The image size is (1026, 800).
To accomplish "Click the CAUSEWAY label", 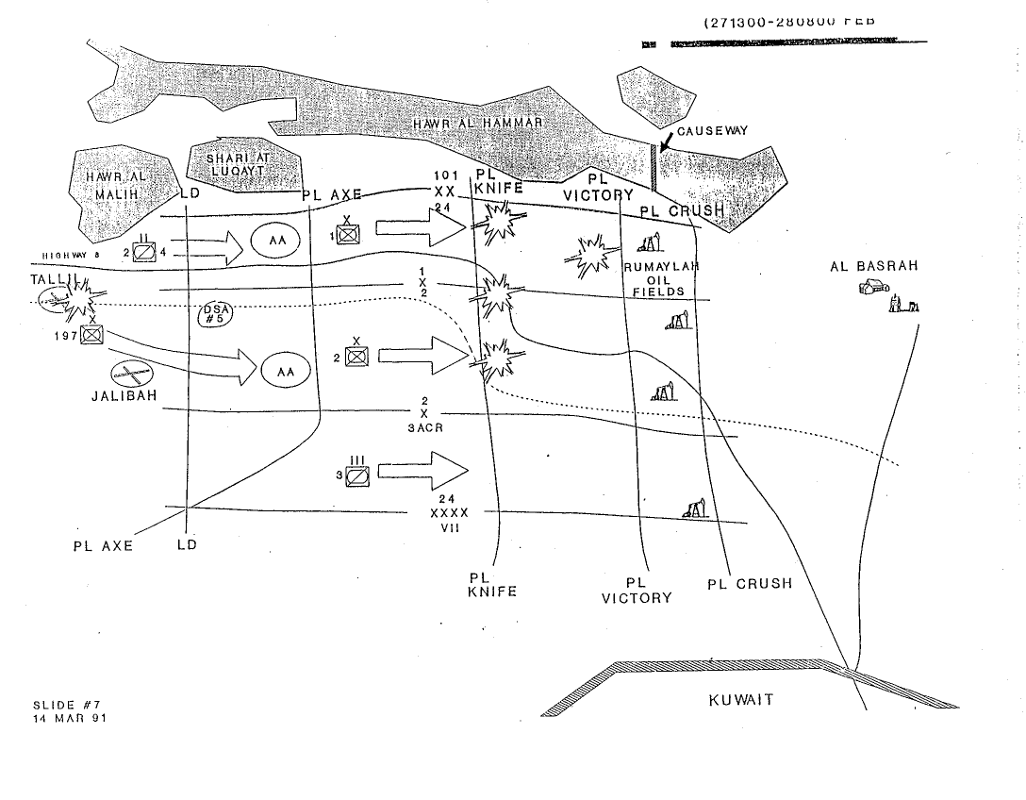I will [712, 131].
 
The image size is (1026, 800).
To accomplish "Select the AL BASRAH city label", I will [873, 266].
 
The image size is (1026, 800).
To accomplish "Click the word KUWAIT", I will [740, 700].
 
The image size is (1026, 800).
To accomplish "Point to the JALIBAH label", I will [123, 395].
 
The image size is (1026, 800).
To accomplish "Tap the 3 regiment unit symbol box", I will [357, 475].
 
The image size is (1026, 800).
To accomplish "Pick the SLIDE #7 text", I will [59, 705].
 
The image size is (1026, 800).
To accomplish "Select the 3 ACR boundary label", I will [425, 426].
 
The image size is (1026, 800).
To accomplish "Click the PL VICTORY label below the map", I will [637, 591].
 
